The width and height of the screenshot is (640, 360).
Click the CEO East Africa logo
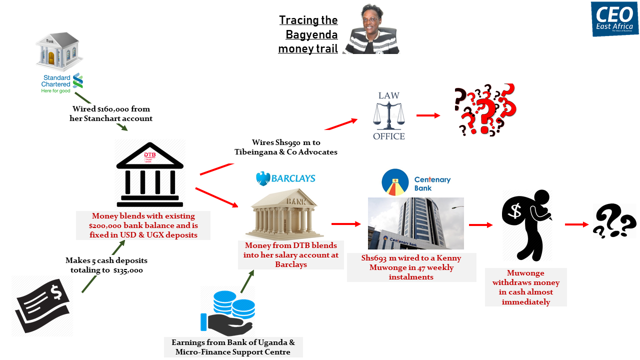click(x=614, y=19)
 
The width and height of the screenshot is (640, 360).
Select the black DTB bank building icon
click(x=149, y=175)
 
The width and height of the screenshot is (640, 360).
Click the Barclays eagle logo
click(x=263, y=178)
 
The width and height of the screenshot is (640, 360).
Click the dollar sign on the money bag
click(x=514, y=211)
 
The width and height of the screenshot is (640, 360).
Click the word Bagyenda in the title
click(x=311, y=34)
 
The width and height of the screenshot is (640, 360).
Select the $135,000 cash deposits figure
click(x=128, y=270)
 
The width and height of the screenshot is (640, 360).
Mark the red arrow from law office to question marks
click(x=428, y=115)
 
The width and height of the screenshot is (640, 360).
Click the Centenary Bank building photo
click(x=415, y=223)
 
